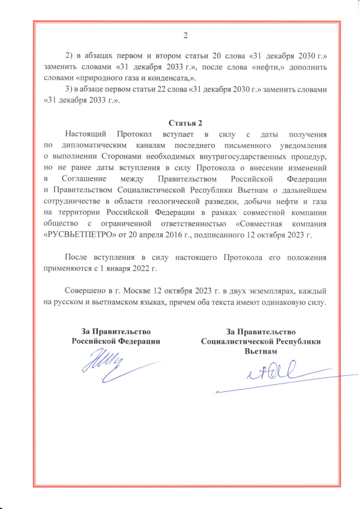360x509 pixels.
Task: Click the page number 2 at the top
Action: click(185, 37)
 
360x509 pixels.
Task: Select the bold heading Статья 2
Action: click(185, 123)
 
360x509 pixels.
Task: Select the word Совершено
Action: click(85, 292)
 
